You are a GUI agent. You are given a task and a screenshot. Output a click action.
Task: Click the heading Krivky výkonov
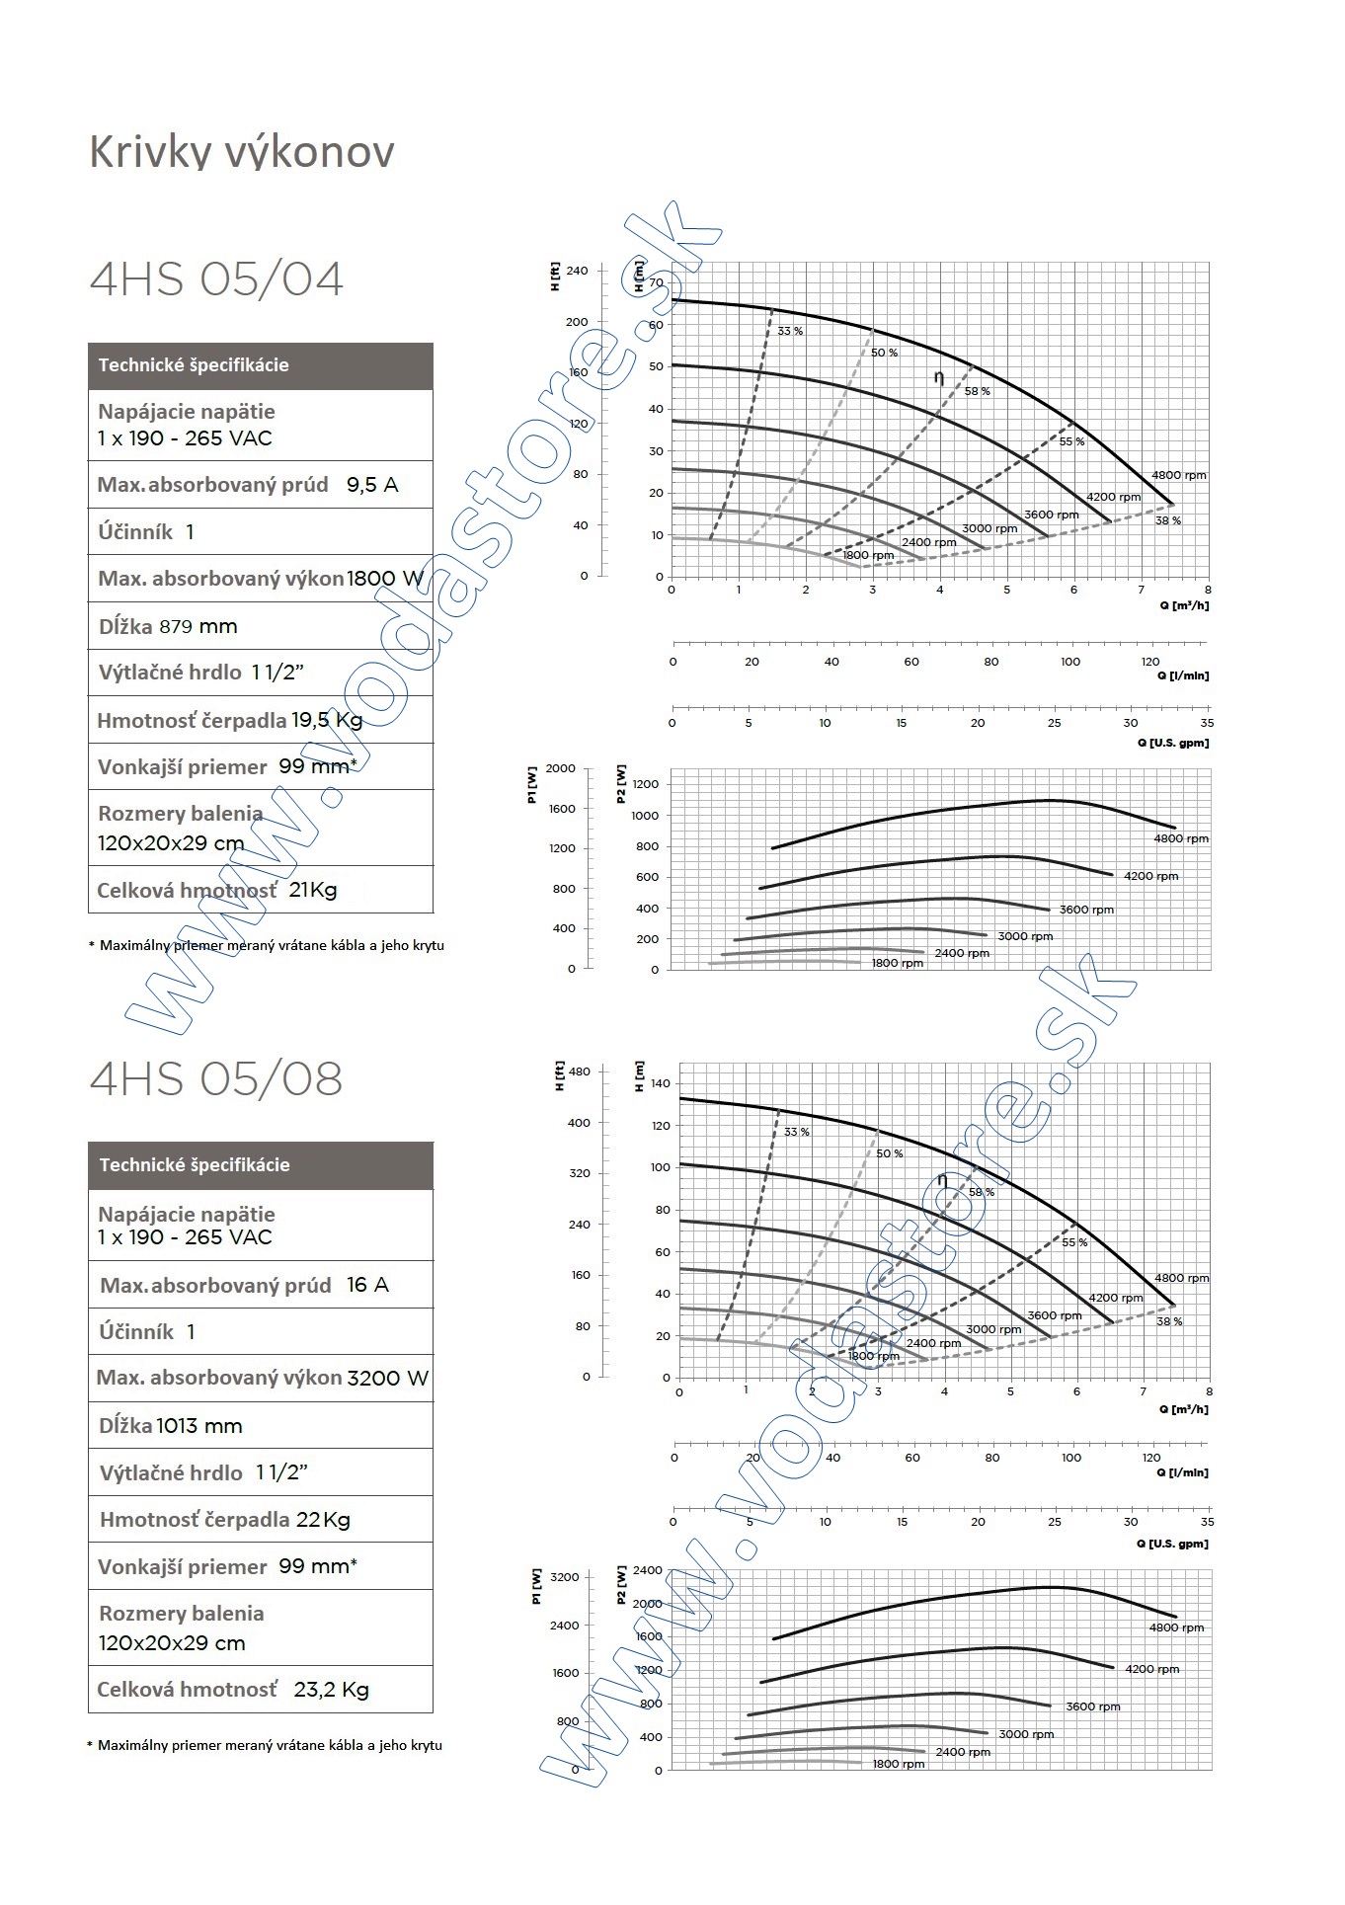[242, 151]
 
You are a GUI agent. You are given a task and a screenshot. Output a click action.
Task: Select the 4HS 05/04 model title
[216, 278]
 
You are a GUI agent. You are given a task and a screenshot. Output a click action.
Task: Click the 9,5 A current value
[372, 485]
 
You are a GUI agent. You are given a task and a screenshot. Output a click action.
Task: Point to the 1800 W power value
[385, 579]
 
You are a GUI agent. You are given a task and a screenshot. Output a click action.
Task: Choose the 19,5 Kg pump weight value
[327, 720]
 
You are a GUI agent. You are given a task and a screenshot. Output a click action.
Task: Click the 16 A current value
[367, 1285]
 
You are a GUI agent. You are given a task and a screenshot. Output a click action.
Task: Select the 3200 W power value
[388, 1378]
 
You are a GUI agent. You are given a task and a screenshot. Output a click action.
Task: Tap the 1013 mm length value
[198, 1425]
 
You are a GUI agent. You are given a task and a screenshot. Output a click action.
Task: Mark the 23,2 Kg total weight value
[331, 1690]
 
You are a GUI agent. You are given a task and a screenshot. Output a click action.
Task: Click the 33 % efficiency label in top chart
[790, 331]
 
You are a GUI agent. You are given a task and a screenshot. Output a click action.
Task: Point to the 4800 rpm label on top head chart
[1179, 475]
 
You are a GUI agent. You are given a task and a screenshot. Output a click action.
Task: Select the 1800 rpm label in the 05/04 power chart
[897, 963]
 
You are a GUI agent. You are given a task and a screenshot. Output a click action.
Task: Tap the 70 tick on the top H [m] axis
[657, 283]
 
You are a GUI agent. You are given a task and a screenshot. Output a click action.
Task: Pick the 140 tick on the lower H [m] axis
[661, 1084]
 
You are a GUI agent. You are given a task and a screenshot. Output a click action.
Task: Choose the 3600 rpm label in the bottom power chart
[1093, 1707]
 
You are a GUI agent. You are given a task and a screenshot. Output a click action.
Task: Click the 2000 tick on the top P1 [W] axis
[561, 768]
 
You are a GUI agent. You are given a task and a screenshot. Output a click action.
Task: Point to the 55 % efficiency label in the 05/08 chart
[1074, 1242]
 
